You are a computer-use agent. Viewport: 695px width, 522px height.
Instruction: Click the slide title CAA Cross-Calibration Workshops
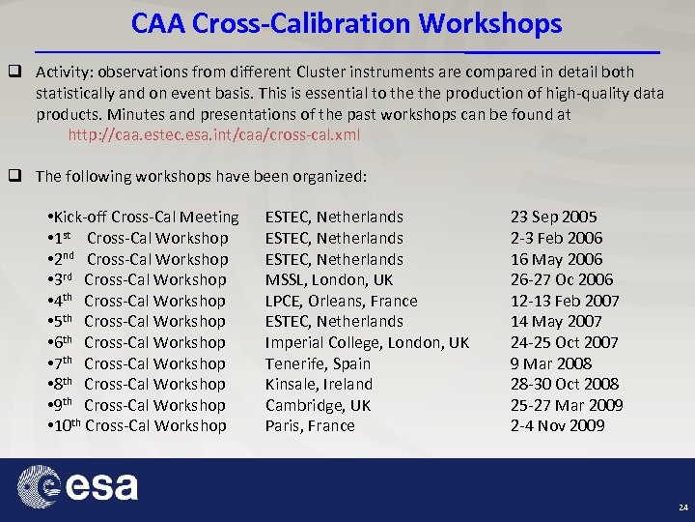pyautogui.click(x=347, y=23)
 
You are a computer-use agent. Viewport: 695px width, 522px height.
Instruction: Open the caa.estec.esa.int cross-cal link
pyautogui.click(x=213, y=134)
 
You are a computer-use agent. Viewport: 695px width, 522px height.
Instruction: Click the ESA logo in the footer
pyautogui.click(x=82, y=485)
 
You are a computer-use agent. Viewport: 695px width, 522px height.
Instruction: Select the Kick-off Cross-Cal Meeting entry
pyautogui.click(x=143, y=217)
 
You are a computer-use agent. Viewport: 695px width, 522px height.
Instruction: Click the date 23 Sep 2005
pyautogui.click(x=553, y=217)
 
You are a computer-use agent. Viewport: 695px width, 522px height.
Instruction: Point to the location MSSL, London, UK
pyautogui.click(x=329, y=280)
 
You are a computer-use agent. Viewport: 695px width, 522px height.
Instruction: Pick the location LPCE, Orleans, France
pyautogui.click(x=342, y=301)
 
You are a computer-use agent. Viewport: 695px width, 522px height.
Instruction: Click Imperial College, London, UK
pyautogui.click(x=367, y=342)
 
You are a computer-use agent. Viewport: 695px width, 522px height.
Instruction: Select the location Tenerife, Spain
pyautogui.click(x=318, y=363)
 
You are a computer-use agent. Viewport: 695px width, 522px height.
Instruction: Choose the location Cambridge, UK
pyautogui.click(x=318, y=405)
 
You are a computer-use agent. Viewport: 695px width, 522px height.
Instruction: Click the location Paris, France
pyautogui.click(x=310, y=426)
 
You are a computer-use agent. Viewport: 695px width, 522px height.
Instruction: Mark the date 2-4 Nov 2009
pyautogui.click(x=557, y=426)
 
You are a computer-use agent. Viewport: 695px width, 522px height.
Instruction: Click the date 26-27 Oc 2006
pyautogui.click(x=562, y=280)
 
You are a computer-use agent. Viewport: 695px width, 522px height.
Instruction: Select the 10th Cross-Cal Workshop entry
pyautogui.click(x=137, y=426)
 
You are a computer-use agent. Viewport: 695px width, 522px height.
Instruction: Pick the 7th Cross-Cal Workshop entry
pyautogui.click(x=137, y=363)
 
